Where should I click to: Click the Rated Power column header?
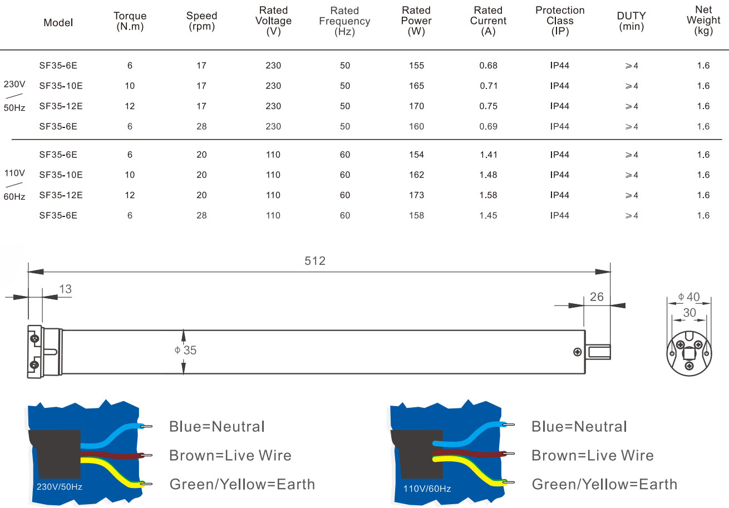416,21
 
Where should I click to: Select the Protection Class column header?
560,21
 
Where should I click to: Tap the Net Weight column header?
703,20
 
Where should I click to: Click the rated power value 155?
416,66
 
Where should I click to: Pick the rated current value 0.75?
488,106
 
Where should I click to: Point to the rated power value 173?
416,195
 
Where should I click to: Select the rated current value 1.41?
488,155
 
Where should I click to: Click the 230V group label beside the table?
14,84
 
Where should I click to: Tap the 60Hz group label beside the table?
14,196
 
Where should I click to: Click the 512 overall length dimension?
315,260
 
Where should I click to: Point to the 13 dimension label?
65,289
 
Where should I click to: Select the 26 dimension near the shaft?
597,297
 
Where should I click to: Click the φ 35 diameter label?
185,350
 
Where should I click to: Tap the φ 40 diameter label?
688,297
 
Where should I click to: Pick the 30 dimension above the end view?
689,313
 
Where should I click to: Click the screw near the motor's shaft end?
577,352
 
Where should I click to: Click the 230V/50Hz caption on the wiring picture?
59,486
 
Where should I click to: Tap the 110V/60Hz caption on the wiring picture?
427,489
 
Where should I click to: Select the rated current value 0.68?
488,66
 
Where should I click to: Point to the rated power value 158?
416,215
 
